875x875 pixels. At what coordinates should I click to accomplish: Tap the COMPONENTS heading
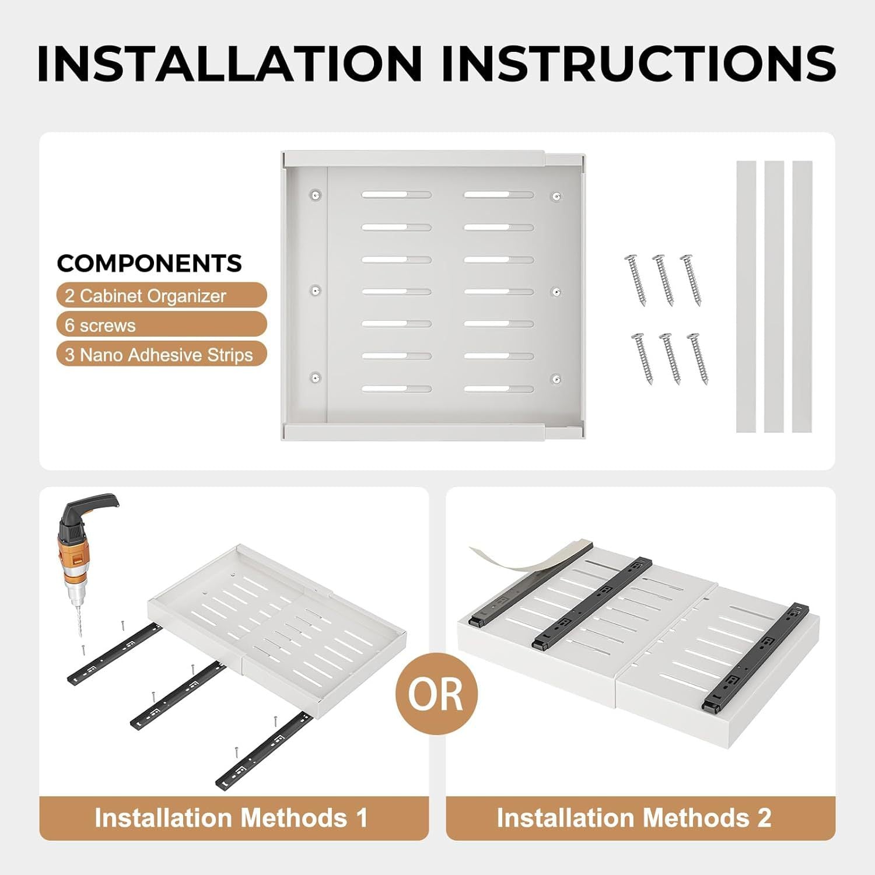coord(149,264)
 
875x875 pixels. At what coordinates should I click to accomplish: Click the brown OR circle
coord(436,694)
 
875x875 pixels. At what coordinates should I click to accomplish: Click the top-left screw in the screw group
coord(636,280)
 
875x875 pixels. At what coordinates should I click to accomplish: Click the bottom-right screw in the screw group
coord(698,358)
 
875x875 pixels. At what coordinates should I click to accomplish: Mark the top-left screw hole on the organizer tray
coord(316,195)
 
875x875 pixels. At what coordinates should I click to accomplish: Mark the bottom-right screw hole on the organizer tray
coord(556,379)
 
